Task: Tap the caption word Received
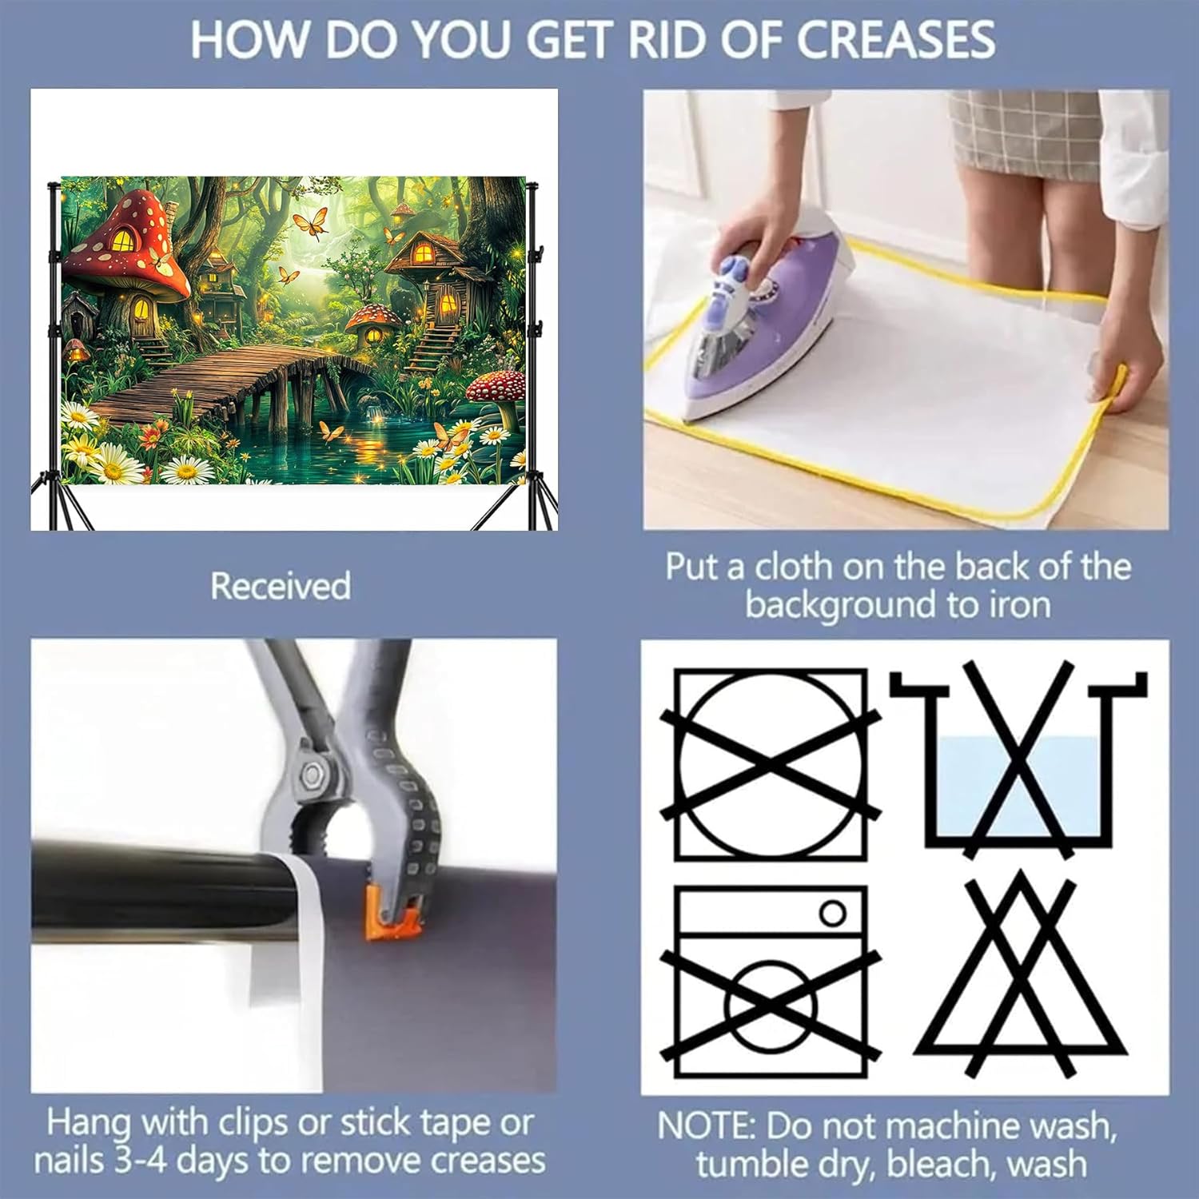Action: click(x=281, y=586)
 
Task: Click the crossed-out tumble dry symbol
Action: click(x=771, y=765)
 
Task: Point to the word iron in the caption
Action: click(x=1020, y=604)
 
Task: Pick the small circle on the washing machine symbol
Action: click(x=833, y=912)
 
